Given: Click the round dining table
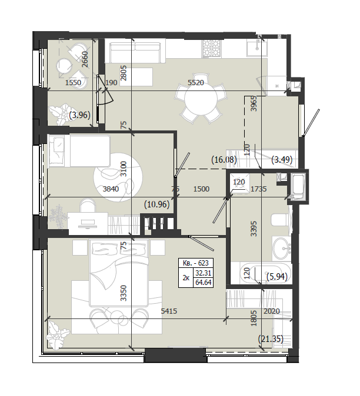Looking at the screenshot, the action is pos(201,99).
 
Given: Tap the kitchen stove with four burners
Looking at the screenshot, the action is pos(211,49).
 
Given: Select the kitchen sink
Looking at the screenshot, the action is pos(257,48).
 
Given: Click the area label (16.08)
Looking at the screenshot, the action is pos(224,160).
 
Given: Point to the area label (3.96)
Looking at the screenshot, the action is pos(79,115).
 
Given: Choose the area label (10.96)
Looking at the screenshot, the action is pos(156,204).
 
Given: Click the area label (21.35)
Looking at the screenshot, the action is pos(271,338).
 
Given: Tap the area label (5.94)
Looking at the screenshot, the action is pos(277,277).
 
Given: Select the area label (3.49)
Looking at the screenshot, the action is pos(282,160).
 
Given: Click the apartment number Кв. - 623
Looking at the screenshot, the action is pos(196,263).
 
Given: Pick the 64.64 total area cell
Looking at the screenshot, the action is pos(204,283).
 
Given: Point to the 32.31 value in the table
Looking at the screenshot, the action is pos(204,273).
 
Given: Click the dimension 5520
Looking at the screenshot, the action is pos(196,83).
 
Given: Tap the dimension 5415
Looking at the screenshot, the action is pos(169,311).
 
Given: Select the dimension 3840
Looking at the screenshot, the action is pos(111,189).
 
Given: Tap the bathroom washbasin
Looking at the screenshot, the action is pos(282,249).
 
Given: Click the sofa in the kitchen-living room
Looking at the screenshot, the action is pos(135,52).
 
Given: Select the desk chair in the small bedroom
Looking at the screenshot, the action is pos(88,205).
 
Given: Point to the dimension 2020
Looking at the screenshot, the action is pos(272,311).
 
